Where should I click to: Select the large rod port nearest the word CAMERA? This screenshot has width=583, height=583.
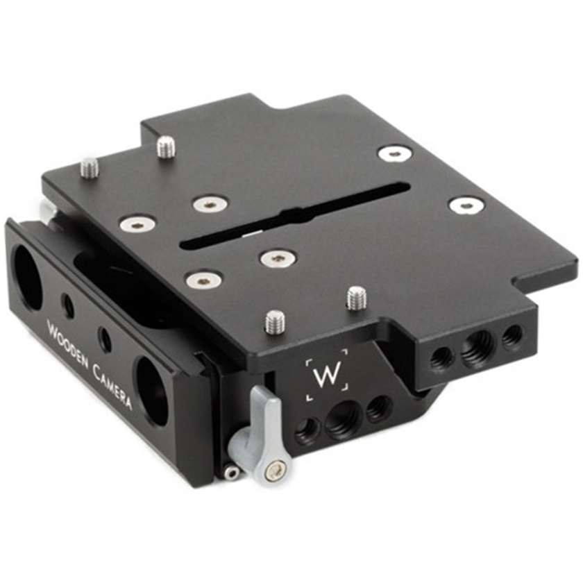coord(152,391)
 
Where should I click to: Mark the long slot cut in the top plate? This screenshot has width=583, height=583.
coord(291,215)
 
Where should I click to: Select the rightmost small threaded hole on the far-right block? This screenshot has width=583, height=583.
coord(512,335)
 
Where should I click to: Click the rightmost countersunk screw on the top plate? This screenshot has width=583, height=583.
coord(466,205)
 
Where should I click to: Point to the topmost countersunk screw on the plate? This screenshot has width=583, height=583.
coord(395,153)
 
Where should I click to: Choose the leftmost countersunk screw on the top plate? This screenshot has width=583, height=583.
coord(137,223)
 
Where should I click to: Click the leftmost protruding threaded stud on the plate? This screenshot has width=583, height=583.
coord(90,167)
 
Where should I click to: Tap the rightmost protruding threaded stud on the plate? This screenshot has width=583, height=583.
coord(356,298)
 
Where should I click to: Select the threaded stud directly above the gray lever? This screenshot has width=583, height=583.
coord(275,321)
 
